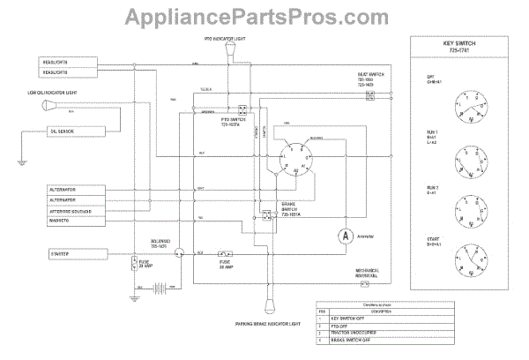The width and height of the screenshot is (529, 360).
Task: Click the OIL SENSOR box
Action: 75,131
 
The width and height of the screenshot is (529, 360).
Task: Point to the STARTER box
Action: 74,254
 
